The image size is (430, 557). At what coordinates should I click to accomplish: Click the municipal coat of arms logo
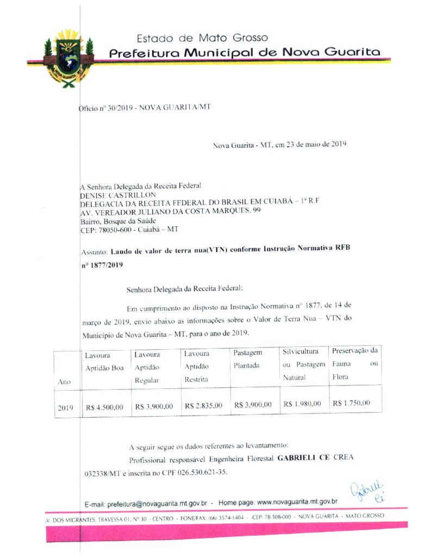[x=67, y=57]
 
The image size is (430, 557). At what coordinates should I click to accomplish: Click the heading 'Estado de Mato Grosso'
[x=202, y=38]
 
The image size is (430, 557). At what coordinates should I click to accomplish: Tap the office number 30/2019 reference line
[x=145, y=107]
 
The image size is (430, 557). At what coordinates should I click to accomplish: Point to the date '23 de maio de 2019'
[x=317, y=145]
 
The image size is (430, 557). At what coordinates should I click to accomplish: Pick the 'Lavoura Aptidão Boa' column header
[x=104, y=362]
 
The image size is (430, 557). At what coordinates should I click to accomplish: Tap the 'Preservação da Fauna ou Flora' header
[x=354, y=363]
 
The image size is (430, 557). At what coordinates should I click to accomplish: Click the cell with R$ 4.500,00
[x=104, y=406]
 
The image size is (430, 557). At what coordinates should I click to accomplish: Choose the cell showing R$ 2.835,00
[x=203, y=405]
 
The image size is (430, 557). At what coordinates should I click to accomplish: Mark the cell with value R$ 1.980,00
[x=302, y=404]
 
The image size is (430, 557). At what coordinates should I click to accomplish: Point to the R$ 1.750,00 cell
[x=351, y=403]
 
